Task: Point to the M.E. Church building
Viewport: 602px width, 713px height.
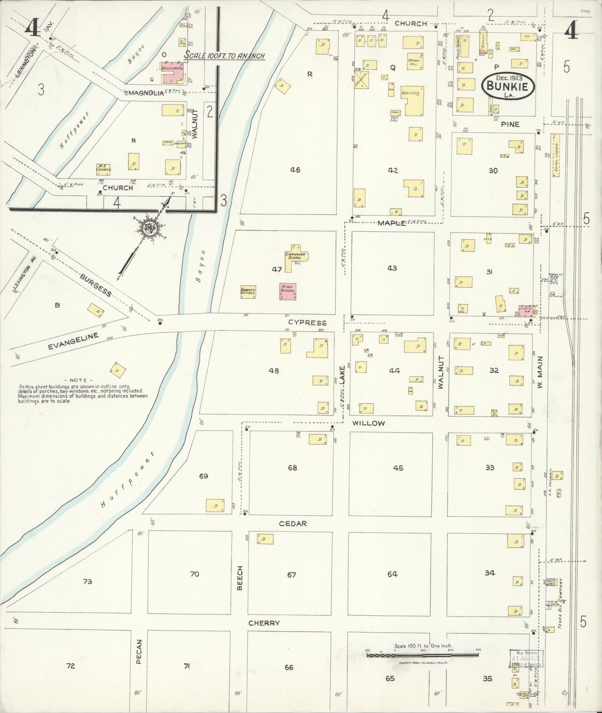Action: click(103, 170)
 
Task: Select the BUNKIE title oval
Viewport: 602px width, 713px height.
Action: click(508, 85)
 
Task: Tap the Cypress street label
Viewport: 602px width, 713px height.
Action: click(308, 323)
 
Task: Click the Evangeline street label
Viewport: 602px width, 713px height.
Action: click(73, 341)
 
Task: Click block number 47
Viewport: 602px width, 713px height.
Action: click(276, 269)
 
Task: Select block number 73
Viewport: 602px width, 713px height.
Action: click(87, 581)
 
